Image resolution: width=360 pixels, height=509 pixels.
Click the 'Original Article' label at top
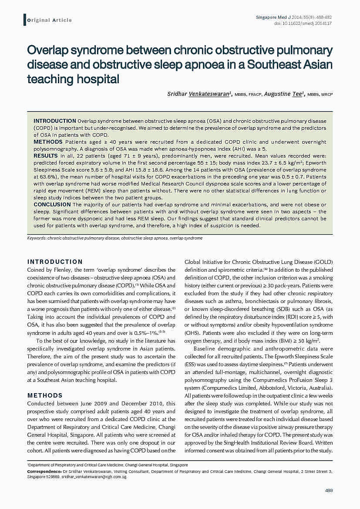click(49, 20)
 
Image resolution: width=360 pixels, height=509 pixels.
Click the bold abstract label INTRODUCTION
click(55, 121)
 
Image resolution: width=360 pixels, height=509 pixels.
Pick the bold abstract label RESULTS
click(46, 155)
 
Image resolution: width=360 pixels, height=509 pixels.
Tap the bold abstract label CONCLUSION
click(52, 204)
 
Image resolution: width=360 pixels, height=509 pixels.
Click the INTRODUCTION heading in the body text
click(55, 262)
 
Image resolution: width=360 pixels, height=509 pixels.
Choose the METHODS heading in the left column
click(45, 395)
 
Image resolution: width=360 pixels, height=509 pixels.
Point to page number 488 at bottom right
click(329, 491)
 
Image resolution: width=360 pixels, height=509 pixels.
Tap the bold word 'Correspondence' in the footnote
click(44, 472)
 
